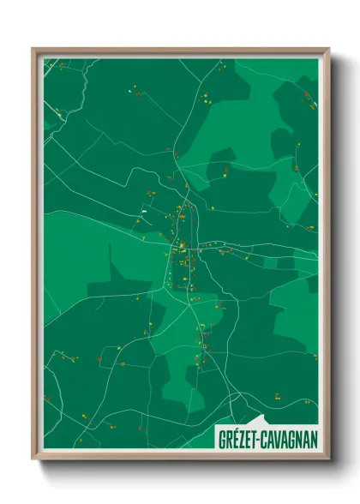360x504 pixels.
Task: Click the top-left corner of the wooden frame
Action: (x=33, y=49)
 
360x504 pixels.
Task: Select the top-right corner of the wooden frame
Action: (x=328, y=49)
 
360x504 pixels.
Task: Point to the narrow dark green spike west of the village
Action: (x=111, y=261)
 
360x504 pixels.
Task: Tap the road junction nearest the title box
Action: (x=232, y=396)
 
